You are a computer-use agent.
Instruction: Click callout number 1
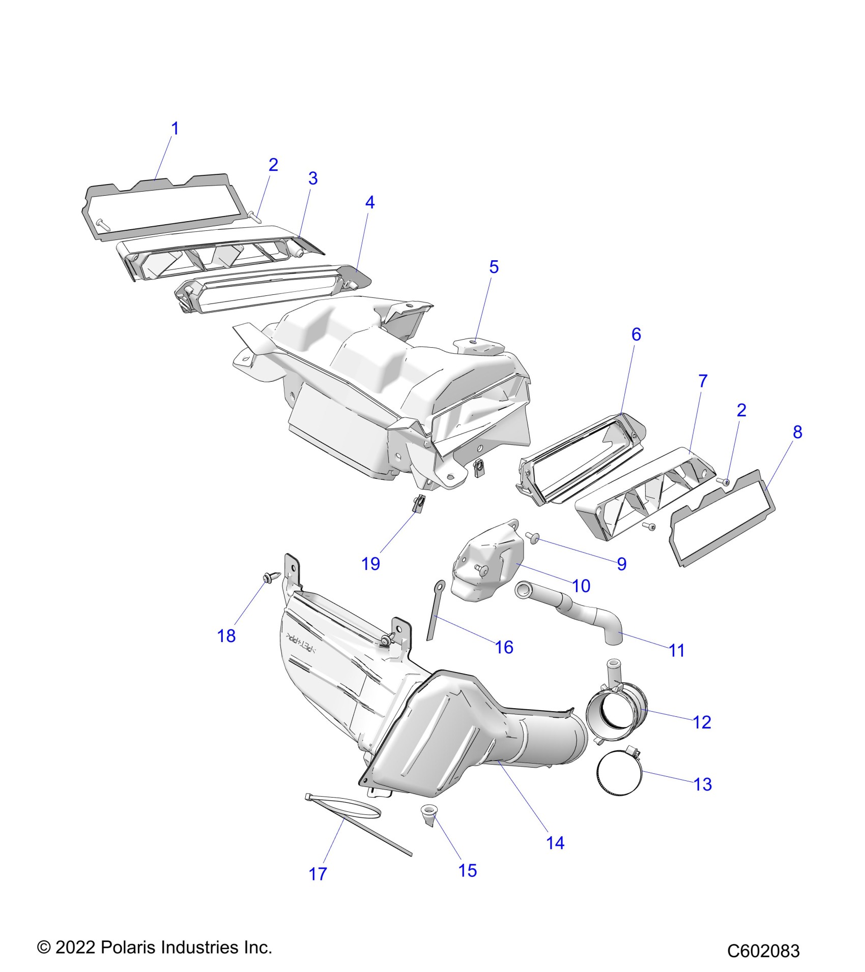click(x=175, y=129)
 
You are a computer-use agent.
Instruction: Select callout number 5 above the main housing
click(x=494, y=267)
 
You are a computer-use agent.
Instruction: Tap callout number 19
click(x=370, y=563)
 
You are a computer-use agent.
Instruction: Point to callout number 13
click(x=702, y=784)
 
